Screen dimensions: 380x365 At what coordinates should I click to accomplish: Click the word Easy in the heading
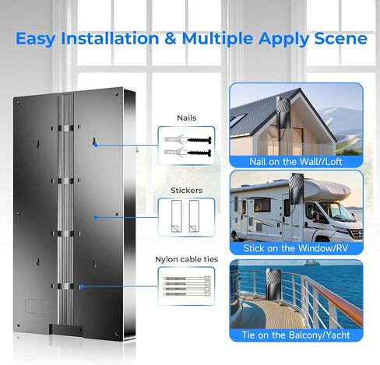click(x=36, y=39)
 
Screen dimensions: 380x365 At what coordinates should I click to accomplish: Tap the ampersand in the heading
click(x=170, y=38)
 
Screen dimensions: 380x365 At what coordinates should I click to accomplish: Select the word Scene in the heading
click(x=341, y=38)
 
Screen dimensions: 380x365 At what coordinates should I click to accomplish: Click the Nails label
click(x=186, y=118)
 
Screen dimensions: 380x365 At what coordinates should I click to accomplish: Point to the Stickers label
click(x=186, y=191)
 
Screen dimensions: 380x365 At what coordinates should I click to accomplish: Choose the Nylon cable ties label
click(x=186, y=259)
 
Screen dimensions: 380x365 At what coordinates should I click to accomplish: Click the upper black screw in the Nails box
click(x=199, y=140)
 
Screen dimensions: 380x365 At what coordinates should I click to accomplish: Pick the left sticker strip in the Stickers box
click(x=177, y=216)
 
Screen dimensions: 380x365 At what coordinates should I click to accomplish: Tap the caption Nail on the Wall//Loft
click(x=295, y=162)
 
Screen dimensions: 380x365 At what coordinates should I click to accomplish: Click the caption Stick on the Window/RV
click(x=295, y=248)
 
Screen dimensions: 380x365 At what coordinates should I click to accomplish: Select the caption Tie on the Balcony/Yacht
click(x=296, y=335)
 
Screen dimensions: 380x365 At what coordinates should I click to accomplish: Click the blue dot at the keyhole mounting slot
click(x=96, y=145)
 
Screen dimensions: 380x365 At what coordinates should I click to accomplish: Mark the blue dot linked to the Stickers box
click(x=96, y=217)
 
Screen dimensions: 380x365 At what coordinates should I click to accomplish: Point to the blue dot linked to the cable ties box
click(x=82, y=286)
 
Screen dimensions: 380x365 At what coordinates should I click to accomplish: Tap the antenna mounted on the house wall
click(x=283, y=112)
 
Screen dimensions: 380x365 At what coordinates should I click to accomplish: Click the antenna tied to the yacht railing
click(x=273, y=284)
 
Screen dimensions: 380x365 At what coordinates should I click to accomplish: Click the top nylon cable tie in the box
click(x=187, y=279)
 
